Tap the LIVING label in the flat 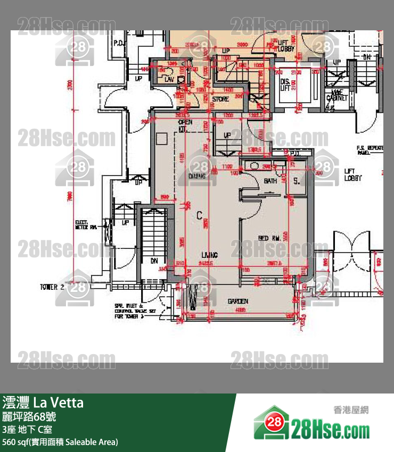tap(209, 255)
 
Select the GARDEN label tap(238, 301)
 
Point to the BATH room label tap(270, 181)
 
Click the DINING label tap(197, 175)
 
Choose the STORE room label tap(220, 99)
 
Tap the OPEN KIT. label tap(185, 125)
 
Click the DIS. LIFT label tap(285, 85)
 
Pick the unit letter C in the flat tap(199, 215)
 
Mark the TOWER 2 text tap(52, 287)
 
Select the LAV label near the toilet tap(169, 79)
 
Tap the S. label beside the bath tap(297, 181)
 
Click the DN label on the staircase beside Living tap(154, 261)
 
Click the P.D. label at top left tap(119, 43)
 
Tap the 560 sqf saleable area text tap(60, 442)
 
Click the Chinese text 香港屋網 tap(351, 409)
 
